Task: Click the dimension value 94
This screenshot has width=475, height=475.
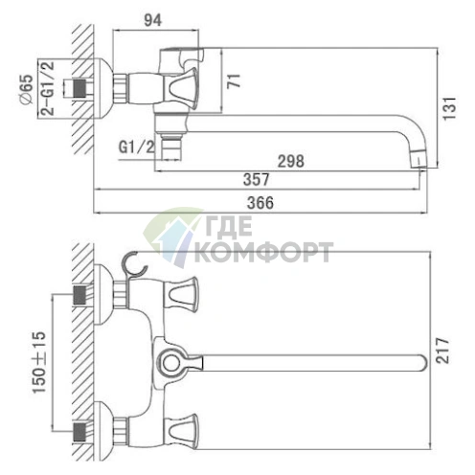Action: (153, 20)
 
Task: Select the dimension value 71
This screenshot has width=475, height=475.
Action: (234, 80)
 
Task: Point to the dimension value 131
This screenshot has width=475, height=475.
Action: (449, 108)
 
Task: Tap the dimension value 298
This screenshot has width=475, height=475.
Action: (290, 161)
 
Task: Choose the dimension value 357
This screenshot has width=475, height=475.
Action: (257, 179)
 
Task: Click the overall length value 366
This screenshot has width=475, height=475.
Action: (260, 203)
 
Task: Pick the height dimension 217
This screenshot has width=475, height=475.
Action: (442, 351)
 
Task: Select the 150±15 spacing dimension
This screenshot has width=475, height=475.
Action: (39, 362)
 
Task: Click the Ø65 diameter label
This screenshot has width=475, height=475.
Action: (26, 89)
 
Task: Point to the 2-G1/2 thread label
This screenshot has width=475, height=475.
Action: (48, 88)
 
